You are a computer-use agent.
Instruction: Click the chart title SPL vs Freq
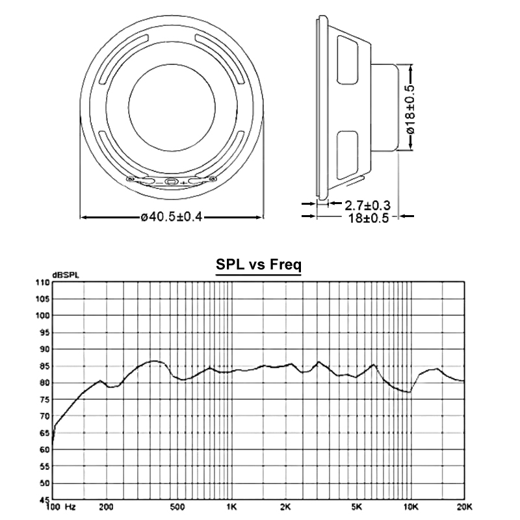[x=259, y=265]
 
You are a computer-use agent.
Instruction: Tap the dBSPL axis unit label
[x=66, y=275]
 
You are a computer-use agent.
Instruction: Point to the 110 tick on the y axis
[x=43, y=283]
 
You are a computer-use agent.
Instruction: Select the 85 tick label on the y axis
[x=45, y=366]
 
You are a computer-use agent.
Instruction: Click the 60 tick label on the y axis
[x=45, y=450]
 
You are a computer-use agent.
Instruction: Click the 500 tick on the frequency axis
[x=177, y=507]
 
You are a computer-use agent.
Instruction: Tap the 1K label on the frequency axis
[x=231, y=507]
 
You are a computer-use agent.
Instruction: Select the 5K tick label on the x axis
[x=356, y=507]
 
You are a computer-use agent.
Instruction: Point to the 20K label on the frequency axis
[x=464, y=507]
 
